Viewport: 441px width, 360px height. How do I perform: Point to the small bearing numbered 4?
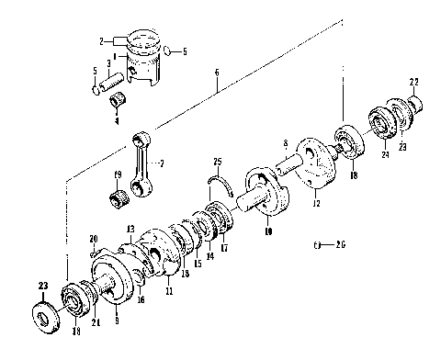pyautogui.click(x=116, y=100)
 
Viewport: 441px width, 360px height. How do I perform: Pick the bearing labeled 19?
pyautogui.click(x=119, y=196)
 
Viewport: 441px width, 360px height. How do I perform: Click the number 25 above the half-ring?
pyautogui.click(x=218, y=163)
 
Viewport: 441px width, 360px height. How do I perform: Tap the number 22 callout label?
pyautogui.click(x=413, y=82)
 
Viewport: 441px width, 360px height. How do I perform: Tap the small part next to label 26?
pyautogui.click(x=317, y=245)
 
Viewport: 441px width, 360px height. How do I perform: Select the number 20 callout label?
pyautogui.click(x=93, y=240)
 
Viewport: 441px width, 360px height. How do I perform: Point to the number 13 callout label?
pyautogui.click(x=130, y=229)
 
